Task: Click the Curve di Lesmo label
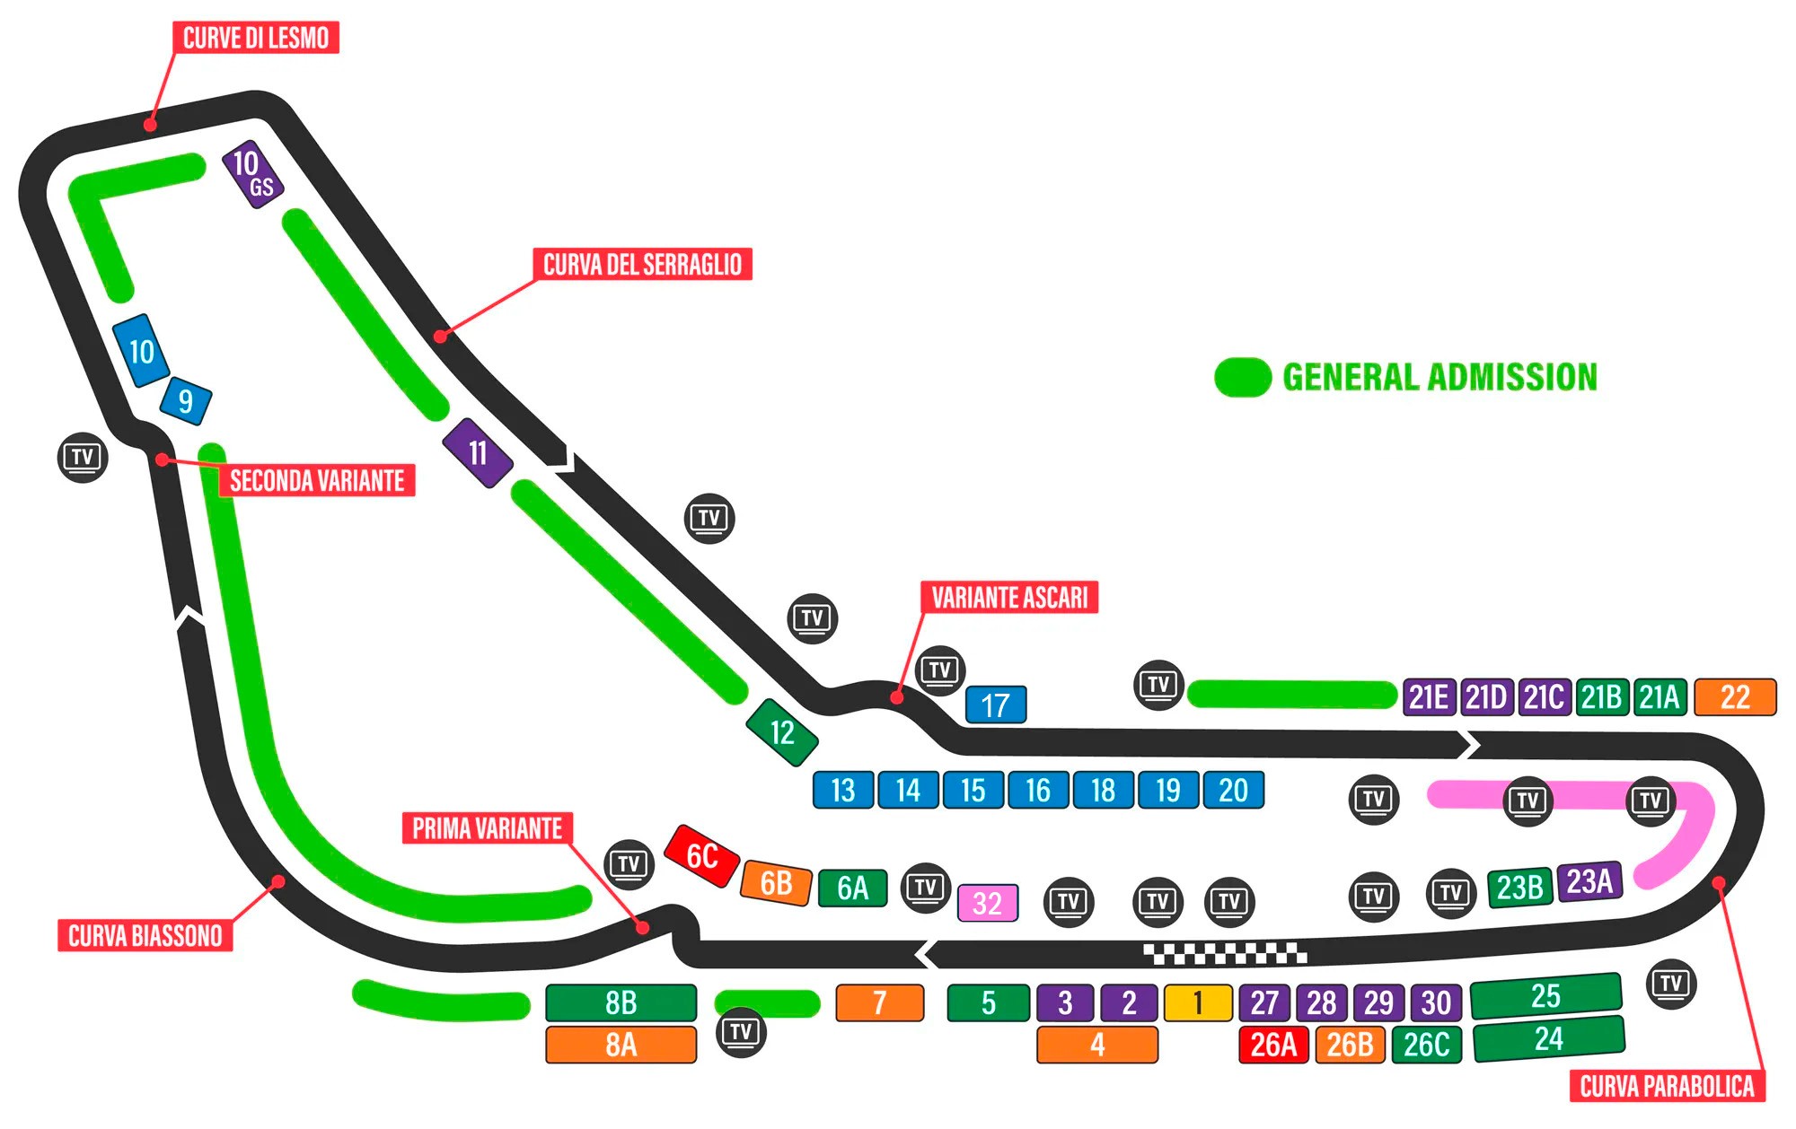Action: point(256,38)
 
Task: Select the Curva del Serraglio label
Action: point(642,265)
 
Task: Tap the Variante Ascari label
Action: point(1009,597)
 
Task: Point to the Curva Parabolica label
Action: point(1667,1086)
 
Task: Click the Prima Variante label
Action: point(487,827)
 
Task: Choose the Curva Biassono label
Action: point(145,935)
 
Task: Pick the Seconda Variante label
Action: point(316,480)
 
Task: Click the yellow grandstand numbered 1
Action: point(1198,1002)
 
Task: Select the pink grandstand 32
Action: point(987,903)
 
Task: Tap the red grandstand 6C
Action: point(701,856)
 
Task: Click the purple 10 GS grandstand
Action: point(253,173)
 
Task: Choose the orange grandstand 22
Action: point(1735,697)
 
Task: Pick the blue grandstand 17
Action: point(995,705)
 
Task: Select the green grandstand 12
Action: point(782,732)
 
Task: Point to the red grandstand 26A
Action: point(1273,1045)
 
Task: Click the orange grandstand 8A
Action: point(621,1045)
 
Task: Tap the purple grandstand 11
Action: point(478,452)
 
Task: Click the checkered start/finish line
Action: point(1225,953)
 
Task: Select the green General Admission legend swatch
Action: point(1242,377)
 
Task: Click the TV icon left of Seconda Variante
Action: point(83,457)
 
